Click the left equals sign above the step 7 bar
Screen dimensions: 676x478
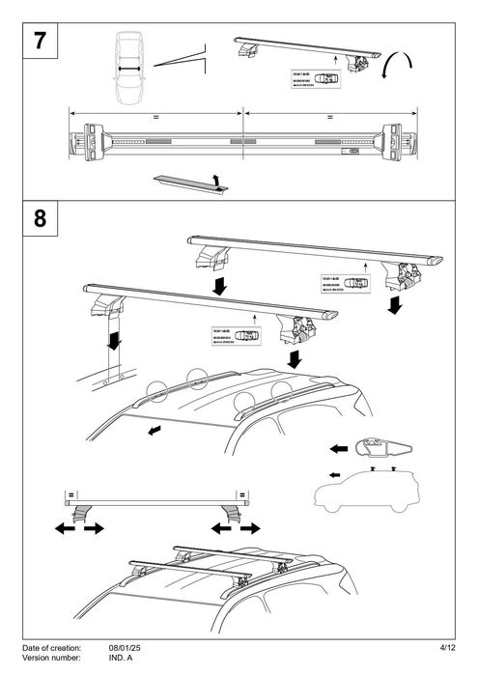pyautogui.click(x=155, y=116)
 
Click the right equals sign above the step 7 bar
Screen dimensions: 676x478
pyautogui.click(x=329, y=116)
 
